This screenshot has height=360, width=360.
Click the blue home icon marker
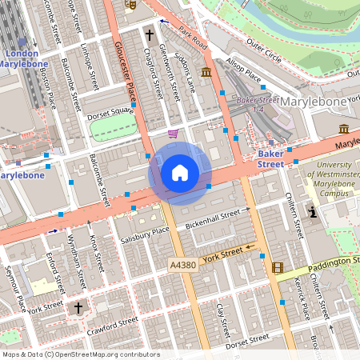[180, 173]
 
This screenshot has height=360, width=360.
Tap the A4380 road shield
[184, 264]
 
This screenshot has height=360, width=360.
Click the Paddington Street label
[324, 262]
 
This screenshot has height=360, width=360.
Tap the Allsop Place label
[244, 72]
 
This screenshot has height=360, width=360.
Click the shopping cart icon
[174, 134]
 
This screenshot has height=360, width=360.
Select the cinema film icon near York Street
[277, 268]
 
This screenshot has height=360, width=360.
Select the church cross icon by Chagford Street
[149, 35]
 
